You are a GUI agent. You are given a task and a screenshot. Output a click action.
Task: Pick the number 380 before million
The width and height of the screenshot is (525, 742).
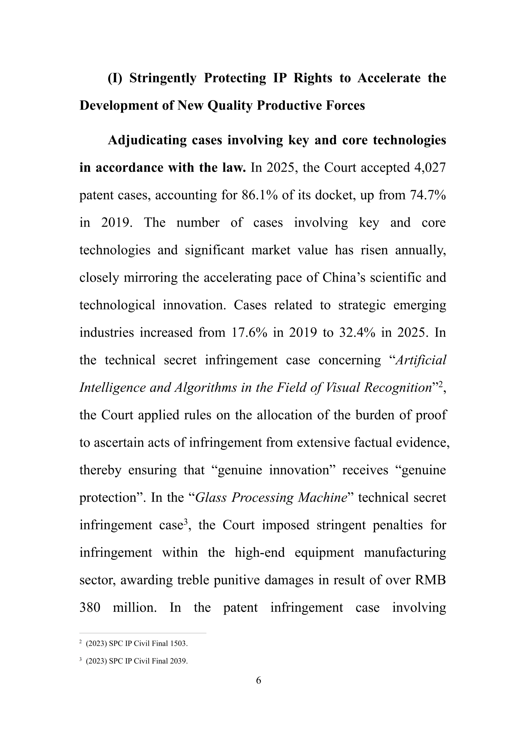pos(90,608)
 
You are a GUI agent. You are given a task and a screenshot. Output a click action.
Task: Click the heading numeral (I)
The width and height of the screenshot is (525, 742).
pos(115,78)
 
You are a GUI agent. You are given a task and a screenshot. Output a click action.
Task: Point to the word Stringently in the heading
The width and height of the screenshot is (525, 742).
pos(163,78)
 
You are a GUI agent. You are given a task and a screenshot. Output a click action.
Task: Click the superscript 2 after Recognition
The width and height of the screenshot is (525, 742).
pos(440,384)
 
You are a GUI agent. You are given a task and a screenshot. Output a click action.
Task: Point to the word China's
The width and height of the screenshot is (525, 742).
pos(344,278)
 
